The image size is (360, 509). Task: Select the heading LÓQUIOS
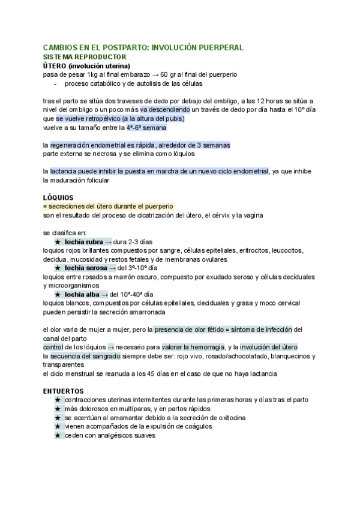(58, 197)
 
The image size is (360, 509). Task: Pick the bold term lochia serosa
(86, 268)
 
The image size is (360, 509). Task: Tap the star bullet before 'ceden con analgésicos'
(58, 436)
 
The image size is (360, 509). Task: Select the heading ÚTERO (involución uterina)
(87, 65)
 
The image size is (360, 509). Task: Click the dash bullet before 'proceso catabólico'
(55, 83)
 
